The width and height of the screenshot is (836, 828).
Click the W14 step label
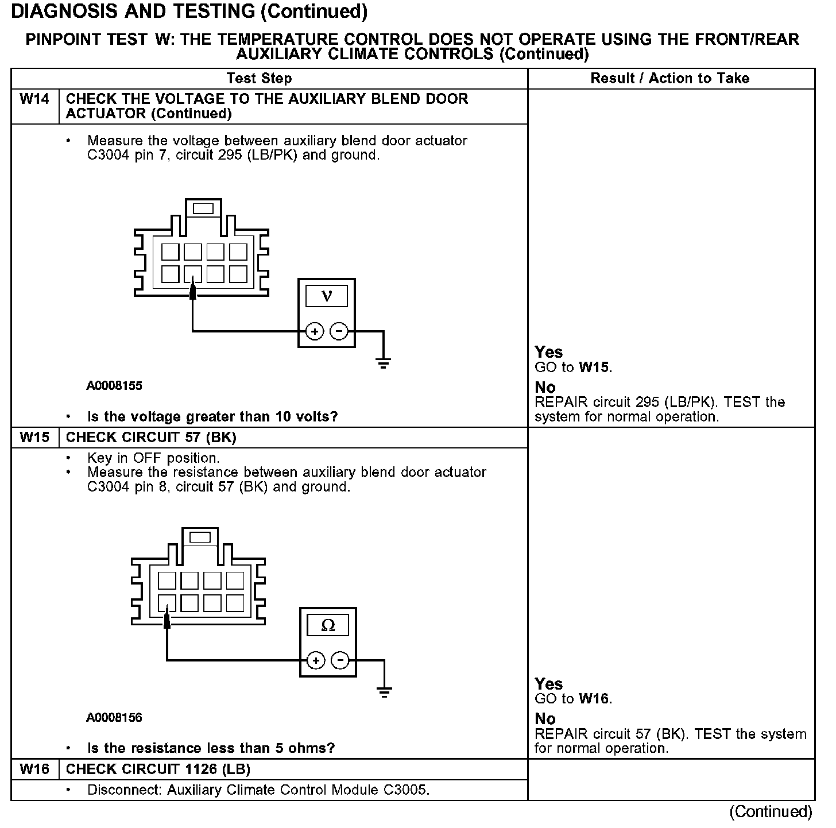[34, 99]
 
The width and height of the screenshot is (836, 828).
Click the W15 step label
[34, 438]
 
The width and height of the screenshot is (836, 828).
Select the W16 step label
[34, 769]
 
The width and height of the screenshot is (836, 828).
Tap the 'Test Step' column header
[259, 78]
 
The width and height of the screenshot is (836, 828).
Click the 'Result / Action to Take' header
[670, 78]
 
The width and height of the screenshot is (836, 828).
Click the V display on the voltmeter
[327, 296]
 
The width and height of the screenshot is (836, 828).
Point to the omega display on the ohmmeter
[328, 625]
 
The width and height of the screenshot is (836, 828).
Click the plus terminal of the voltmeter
[315, 331]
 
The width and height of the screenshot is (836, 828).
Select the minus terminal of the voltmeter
[339, 331]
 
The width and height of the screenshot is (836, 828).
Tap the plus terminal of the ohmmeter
[316, 660]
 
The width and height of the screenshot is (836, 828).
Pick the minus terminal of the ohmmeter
[340, 660]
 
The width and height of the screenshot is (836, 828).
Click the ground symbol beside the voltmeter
[384, 362]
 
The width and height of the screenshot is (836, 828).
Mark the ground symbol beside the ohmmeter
[385, 691]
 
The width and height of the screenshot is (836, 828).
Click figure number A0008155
[114, 386]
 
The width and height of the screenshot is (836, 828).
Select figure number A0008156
[114, 718]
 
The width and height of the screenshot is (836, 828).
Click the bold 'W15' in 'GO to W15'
[594, 367]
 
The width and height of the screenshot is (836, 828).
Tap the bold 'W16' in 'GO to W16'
[594, 699]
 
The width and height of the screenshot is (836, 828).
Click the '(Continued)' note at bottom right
[771, 811]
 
